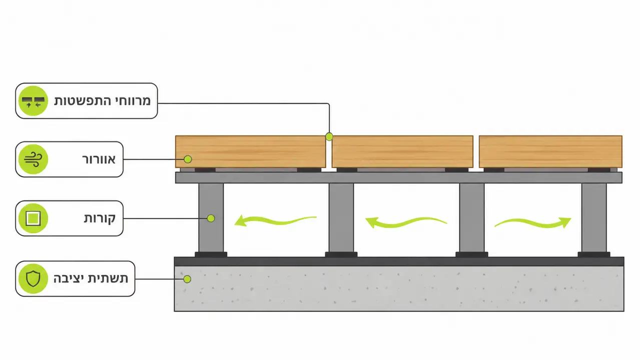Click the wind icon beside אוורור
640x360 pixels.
coord(33,159)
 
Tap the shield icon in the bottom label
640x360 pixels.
coord(33,278)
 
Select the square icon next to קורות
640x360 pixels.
coord(33,218)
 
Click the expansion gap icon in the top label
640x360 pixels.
coord(33,101)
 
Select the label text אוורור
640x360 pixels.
coord(99,159)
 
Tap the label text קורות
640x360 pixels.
coord(100,218)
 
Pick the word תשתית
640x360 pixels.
coord(108,278)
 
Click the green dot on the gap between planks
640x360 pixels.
coord(329,136)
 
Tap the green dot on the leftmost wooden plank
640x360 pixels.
coord(188,159)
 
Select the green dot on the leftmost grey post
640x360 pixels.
coord(211,218)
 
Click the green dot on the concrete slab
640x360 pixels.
coord(187,279)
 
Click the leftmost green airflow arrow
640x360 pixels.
coord(275,221)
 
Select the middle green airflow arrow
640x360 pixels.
coord(406,223)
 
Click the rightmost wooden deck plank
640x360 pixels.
coord(550,151)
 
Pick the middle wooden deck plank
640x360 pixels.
coord(403,151)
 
